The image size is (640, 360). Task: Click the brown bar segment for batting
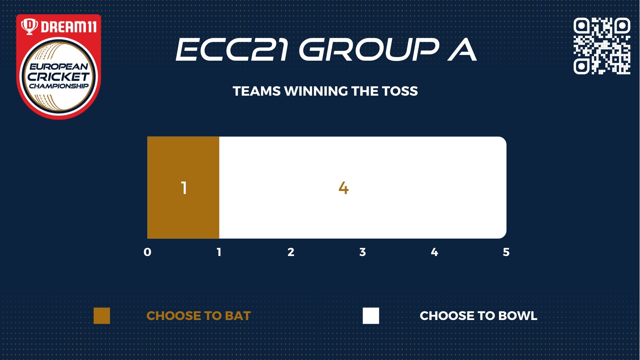183,187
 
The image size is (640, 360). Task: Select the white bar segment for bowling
363,187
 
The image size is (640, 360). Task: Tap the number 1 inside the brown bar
184,188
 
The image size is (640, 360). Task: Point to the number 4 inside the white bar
344,188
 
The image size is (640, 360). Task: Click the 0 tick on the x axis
147,252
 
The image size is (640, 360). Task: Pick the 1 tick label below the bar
219,252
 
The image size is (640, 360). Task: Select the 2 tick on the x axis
291,252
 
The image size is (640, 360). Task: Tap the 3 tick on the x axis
363,252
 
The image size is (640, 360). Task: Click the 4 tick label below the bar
434,252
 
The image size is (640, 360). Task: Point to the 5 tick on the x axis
506,252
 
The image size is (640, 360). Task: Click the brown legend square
102,316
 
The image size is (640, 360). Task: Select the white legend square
371,316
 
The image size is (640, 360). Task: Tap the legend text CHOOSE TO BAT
199,316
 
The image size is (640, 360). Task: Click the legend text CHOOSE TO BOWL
479,316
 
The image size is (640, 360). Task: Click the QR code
602,46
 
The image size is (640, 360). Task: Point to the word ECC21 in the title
232,49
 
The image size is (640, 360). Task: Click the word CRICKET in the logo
59,77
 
